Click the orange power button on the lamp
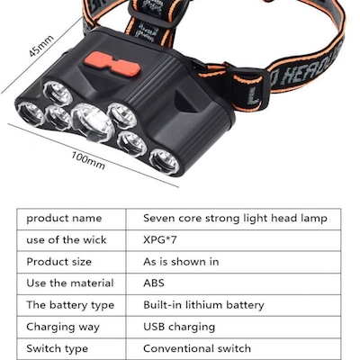click(112, 63)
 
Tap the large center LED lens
click(92, 121)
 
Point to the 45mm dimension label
click(41, 46)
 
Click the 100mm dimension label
click(88, 160)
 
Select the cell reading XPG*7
click(159, 240)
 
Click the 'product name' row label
click(64, 219)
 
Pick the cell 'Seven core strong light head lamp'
click(235, 218)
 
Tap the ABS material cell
click(154, 283)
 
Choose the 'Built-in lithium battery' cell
click(203, 305)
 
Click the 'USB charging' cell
click(179, 327)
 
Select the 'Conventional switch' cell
click(197, 348)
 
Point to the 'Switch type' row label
click(57, 348)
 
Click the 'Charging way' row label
click(63, 327)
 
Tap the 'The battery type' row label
click(70, 305)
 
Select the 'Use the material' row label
click(70, 283)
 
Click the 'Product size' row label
click(58, 262)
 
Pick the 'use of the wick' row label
click(67, 240)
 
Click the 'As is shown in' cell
click(181, 262)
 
